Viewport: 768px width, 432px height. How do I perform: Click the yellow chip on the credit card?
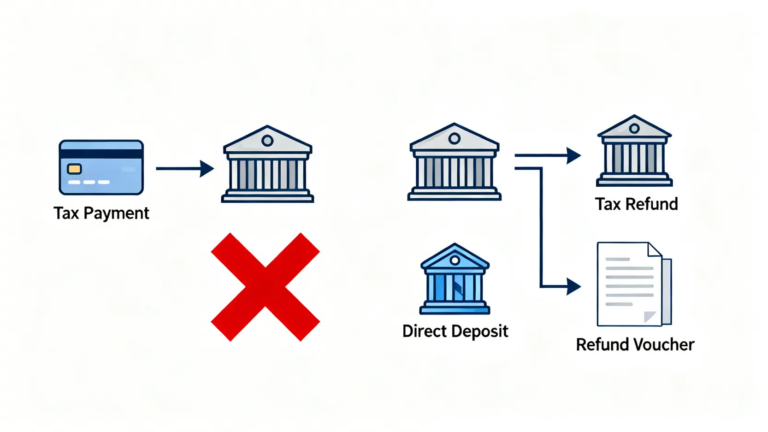point(74,169)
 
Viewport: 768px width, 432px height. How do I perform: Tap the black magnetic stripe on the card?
point(101,154)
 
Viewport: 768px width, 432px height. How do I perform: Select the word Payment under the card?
point(116,213)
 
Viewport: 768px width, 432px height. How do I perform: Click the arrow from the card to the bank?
point(184,169)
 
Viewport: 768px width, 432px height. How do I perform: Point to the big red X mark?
point(265,287)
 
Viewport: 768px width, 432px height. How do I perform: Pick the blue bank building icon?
point(455,279)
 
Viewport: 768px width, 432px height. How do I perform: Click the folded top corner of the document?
point(655,249)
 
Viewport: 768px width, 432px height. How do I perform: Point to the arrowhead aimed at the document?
point(573,287)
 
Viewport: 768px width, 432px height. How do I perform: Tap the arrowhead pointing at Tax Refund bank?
point(573,156)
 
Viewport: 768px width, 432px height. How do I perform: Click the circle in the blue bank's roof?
point(455,260)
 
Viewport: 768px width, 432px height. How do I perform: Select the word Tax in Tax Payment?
point(66,213)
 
